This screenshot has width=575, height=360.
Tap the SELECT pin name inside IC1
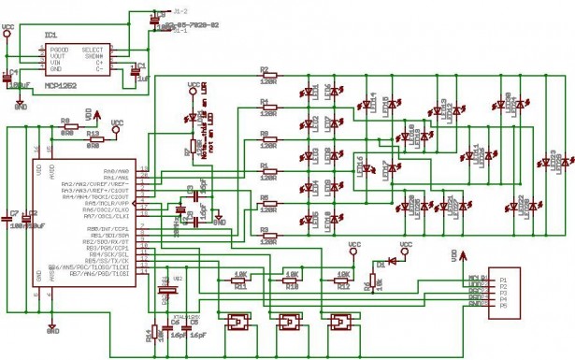92,49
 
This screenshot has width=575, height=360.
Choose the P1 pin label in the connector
503,279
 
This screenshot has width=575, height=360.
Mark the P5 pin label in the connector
503,305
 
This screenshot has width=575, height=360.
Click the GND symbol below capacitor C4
19,106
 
